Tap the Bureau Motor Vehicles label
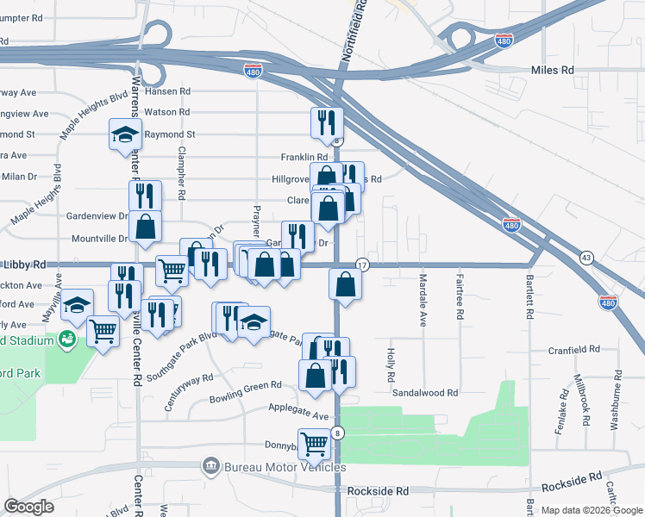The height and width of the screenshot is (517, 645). click(x=285, y=467)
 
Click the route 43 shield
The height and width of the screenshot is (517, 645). click(x=586, y=258)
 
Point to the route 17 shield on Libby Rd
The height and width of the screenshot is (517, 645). click(x=362, y=265)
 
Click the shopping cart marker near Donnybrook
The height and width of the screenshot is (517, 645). click(x=314, y=445)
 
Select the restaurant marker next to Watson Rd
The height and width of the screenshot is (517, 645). click(x=327, y=123)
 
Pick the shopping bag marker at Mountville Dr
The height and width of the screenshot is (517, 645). click(x=147, y=227)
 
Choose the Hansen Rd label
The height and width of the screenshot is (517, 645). click(x=166, y=90)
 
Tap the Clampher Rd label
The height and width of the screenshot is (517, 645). click(x=182, y=178)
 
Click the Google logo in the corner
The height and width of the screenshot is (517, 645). click(x=29, y=507)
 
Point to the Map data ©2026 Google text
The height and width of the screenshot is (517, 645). click(x=591, y=510)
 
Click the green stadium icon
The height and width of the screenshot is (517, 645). click(x=67, y=339)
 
